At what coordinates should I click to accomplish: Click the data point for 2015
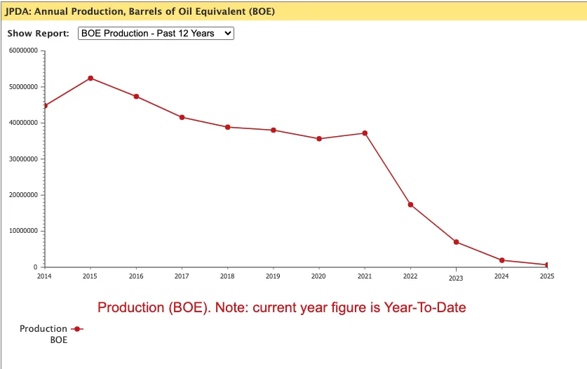click(90, 78)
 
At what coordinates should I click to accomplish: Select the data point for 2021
click(365, 133)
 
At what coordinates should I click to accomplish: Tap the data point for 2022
click(410, 205)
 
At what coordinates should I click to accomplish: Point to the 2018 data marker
click(228, 127)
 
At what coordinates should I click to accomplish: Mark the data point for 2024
click(501, 260)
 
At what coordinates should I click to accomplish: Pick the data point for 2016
click(136, 96)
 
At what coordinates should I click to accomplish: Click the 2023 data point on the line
click(456, 242)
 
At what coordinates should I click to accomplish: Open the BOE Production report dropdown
click(156, 33)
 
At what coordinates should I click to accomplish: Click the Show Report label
click(38, 33)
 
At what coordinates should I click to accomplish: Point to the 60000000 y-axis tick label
click(23, 51)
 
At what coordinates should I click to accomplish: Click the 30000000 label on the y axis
click(23, 159)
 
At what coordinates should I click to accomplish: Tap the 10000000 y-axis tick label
click(23, 231)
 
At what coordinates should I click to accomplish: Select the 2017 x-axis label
click(182, 276)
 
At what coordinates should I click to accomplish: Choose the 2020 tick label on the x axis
click(318, 276)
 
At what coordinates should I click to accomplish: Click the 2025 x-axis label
click(547, 276)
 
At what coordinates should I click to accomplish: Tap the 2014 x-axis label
click(45, 276)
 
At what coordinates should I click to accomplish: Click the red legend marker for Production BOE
click(77, 328)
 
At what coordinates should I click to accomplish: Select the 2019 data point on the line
click(273, 130)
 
